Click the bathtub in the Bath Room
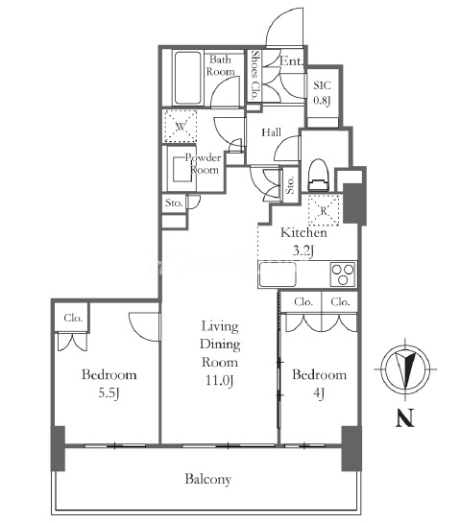[x=187, y=78]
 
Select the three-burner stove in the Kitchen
[x=343, y=274]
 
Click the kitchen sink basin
[x=278, y=274]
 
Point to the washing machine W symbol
[x=181, y=127]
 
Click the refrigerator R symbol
[x=324, y=210]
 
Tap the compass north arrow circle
[x=405, y=369]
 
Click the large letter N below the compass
[x=405, y=418]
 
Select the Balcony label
[x=208, y=479]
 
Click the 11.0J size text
[x=219, y=380]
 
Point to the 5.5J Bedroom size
[x=109, y=393]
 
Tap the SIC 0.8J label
[x=322, y=93]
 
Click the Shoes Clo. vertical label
[x=255, y=75]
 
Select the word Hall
[x=271, y=132]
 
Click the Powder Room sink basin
[x=182, y=169]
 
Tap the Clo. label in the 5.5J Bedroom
[x=73, y=318]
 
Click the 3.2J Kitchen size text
[x=303, y=250]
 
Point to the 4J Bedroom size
[x=319, y=393]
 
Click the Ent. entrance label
[x=291, y=60]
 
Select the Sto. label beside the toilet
[x=290, y=185]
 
